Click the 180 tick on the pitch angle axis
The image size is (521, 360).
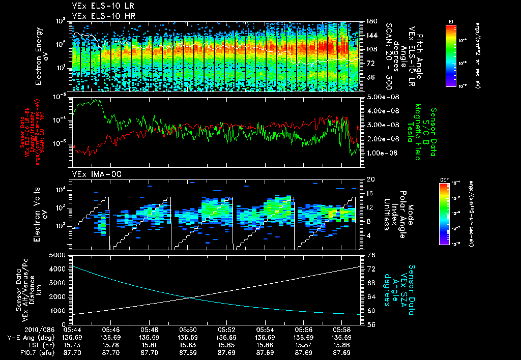(x=370, y=21)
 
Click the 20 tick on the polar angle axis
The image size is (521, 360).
(x=370, y=179)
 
